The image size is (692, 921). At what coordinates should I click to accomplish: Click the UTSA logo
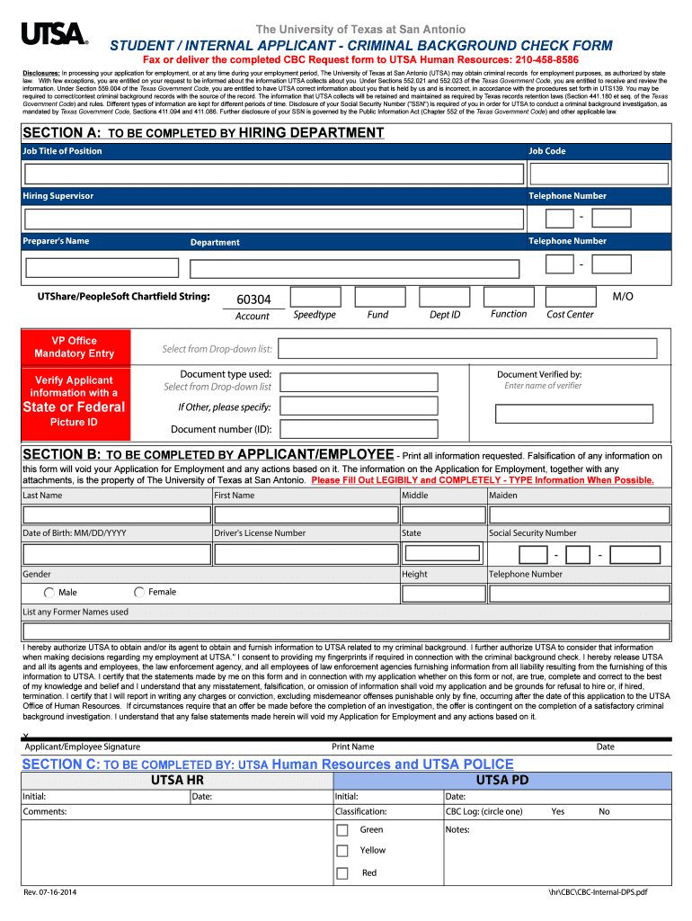pos(53,35)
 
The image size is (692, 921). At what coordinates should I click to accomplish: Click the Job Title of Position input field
pos(273,173)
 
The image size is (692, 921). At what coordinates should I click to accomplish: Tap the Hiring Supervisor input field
pos(273,219)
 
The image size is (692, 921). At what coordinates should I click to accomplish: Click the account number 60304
pos(253,300)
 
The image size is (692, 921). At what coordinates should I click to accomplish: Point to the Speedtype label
pos(315,315)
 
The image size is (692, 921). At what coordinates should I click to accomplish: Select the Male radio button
pos(49,593)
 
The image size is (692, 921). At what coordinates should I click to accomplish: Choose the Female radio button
pos(139,593)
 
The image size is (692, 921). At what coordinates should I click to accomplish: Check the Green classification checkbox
pos(342,830)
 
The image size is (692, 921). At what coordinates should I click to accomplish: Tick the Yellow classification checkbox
pos(342,851)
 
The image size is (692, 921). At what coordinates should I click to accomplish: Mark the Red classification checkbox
pos(342,873)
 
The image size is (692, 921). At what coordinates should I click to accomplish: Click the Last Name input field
pos(116,514)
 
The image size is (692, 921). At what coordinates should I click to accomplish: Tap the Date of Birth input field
pos(116,554)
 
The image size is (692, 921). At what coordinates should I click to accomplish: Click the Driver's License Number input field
pos(306,554)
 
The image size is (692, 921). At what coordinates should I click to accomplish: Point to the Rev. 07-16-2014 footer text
pos(50,892)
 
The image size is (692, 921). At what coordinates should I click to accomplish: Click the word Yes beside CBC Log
pos(558,811)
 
